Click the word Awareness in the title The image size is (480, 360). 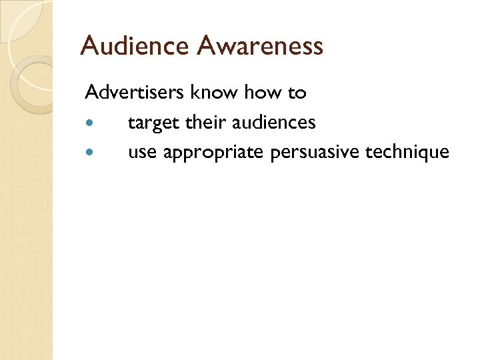261,46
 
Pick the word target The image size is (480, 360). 152,123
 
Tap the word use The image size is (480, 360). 142,153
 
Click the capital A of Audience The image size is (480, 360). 90,46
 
